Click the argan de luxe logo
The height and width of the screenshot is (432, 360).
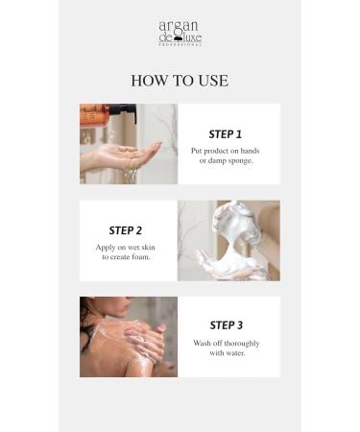tap(180, 33)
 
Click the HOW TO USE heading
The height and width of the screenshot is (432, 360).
tap(180, 81)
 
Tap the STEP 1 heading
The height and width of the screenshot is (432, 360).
tap(226, 134)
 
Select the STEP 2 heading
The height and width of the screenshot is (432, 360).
tap(126, 230)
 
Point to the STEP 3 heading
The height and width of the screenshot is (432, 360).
tap(227, 325)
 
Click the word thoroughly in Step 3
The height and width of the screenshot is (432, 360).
tap(242, 344)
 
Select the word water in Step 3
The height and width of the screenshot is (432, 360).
tap(235, 353)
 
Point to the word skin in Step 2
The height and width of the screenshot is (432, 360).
tap(148, 247)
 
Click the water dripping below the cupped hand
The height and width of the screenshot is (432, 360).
tap(132, 175)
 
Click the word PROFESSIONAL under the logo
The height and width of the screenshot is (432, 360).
tap(180, 45)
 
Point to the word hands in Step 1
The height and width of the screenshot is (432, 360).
tap(250, 151)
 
